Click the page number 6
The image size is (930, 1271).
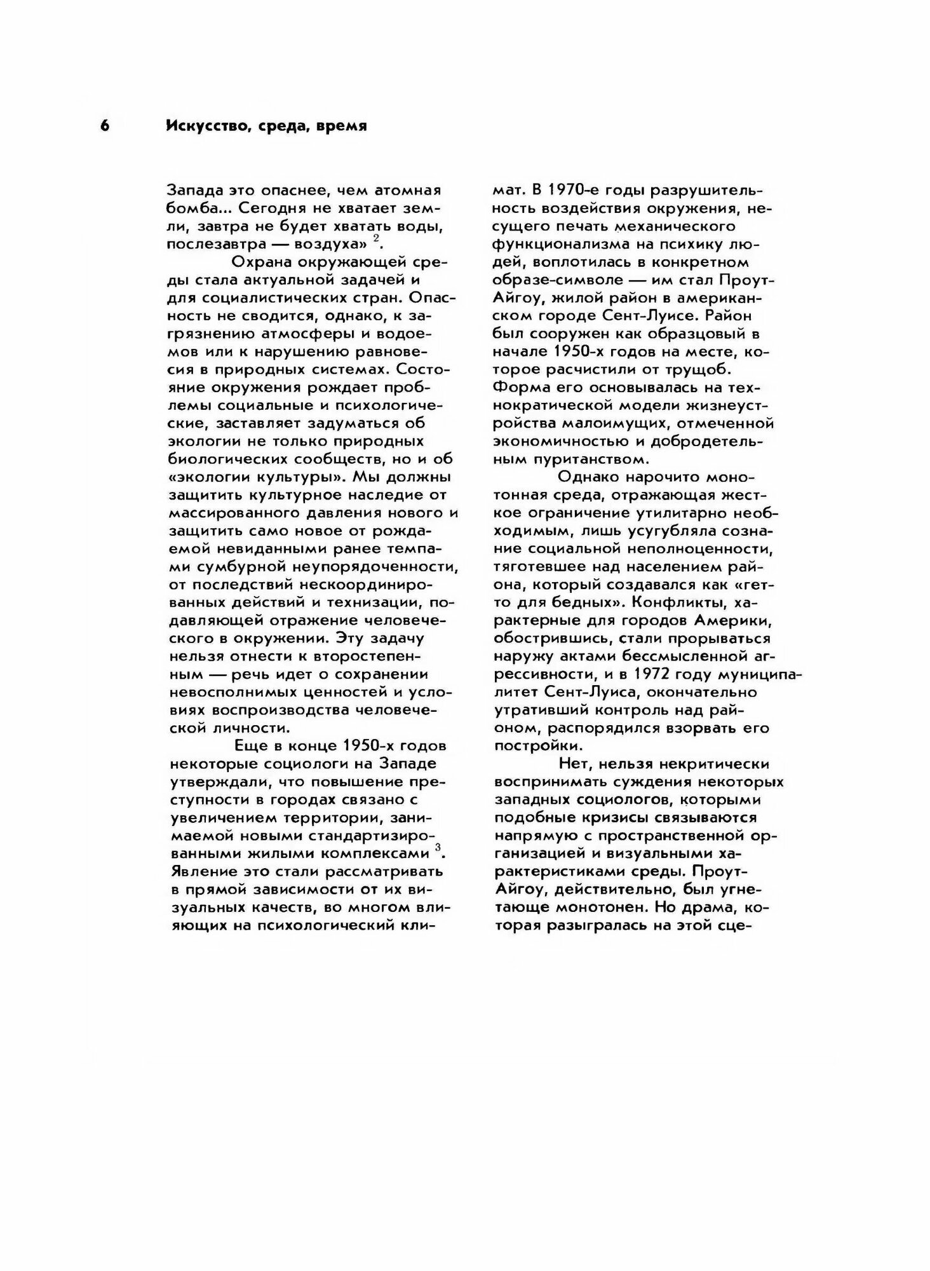(x=105, y=126)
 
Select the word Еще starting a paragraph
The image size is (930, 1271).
(x=252, y=745)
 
